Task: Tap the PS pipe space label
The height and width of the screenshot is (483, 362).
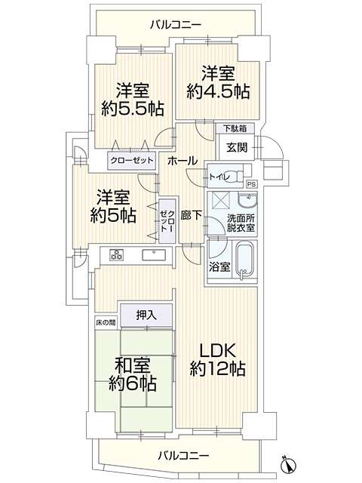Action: tap(252, 184)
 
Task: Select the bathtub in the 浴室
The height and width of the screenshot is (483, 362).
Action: tap(245, 260)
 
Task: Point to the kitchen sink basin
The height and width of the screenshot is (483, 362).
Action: tap(154, 255)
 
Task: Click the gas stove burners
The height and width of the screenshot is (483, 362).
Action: tap(117, 255)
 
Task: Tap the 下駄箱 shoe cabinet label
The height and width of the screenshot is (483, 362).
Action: tap(235, 128)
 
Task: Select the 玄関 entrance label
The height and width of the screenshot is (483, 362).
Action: tap(237, 148)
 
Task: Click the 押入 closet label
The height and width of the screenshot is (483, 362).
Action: tap(146, 315)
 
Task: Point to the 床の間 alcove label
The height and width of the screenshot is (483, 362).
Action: tap(106, 323)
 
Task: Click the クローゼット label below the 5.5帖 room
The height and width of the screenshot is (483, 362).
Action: tap(131, 161)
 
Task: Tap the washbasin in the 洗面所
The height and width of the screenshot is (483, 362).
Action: tap(247, 201)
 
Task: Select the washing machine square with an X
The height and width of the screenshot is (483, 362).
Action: tap(219, 201)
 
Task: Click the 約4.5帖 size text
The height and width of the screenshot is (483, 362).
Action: tap(218, 91)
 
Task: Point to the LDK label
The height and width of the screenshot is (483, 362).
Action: tap(218, 351)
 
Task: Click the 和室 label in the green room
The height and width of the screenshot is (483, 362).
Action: tap(133, 365)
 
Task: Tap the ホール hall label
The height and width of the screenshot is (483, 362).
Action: tap(182, 160)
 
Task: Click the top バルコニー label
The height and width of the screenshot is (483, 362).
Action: tap(176, 24)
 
